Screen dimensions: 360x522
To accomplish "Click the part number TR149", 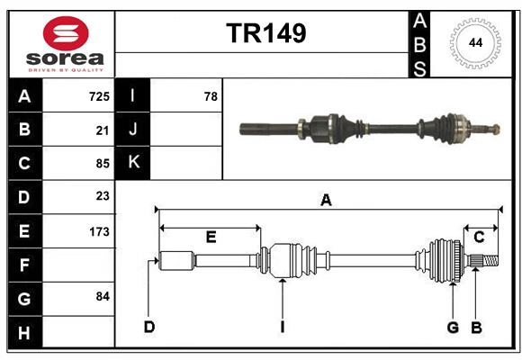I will tap(265, 33).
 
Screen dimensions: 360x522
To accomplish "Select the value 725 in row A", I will tap(99, 96).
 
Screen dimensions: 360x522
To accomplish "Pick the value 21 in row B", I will tap(103, 130).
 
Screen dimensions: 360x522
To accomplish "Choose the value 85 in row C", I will tap(103, 164).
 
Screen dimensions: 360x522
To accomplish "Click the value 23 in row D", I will tap(103, 196).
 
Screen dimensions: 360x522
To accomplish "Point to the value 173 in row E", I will tap(99, 231).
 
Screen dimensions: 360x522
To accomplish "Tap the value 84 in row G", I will tap(103, 296).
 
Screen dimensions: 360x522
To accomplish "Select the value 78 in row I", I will tap(211, 96).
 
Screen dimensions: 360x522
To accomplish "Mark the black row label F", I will tap(24, 265).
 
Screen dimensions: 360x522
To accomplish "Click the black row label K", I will tap(133, 163).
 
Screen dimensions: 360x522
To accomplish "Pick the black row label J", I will tap(133, 130).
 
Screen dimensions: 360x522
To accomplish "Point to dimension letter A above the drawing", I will tap(326, 201).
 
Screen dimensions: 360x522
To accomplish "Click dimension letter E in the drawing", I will tap(211, 237).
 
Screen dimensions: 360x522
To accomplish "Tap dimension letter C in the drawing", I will tap(479, 237).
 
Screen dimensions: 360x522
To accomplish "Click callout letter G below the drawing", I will tap(453, 327).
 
